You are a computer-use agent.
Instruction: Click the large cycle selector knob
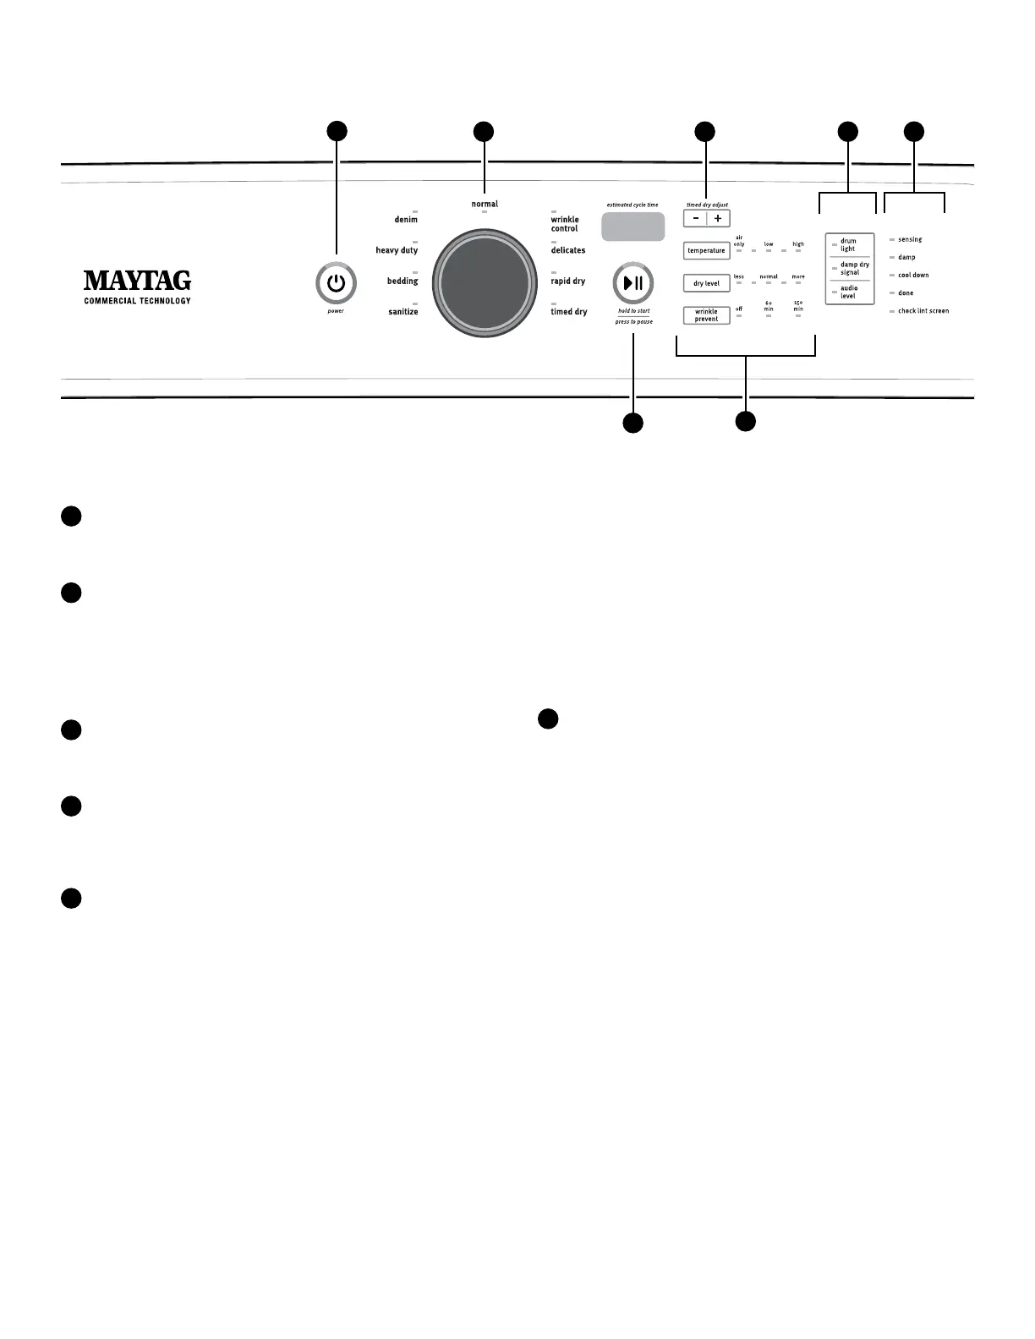click(x=485, y=283)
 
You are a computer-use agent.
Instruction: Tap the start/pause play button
click(x=632, y=284)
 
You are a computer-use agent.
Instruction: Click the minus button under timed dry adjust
click(x=696, y=218)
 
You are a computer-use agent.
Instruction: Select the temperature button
click(x=706, y=251)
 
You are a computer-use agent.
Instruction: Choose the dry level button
click(x=706, y=283)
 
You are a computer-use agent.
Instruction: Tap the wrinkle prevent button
click(x=706, y=315)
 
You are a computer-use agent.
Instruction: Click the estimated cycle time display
click(x=632, y=227)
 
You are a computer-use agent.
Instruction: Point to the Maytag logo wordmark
click(x=137, y=281)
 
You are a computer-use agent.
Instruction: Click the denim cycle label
click(x=406, y=220)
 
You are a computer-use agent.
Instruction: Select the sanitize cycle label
click(x=403, y=312)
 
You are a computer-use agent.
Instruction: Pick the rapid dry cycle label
click(x=568, y=281)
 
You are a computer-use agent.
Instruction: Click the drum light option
click(x=848, y=245)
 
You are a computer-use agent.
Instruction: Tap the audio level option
click(x=848, y=292)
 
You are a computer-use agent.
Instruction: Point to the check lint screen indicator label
click(x=923, y=311)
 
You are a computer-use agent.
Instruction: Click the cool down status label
click(x=913, y=276)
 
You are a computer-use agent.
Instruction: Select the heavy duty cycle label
click(x=397, y=251)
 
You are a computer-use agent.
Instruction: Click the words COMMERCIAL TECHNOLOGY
click(x=137, y=301)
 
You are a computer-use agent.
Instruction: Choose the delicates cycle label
click(x=568, y=251)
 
